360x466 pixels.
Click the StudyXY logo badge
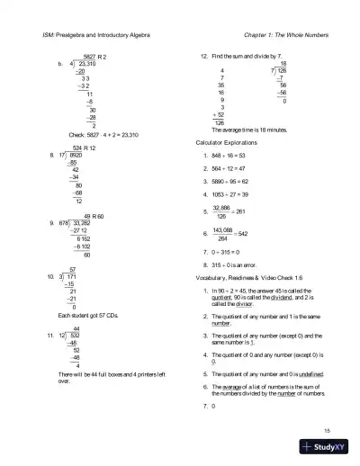tap(328, 447)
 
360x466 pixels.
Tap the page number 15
tap(328, 431)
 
